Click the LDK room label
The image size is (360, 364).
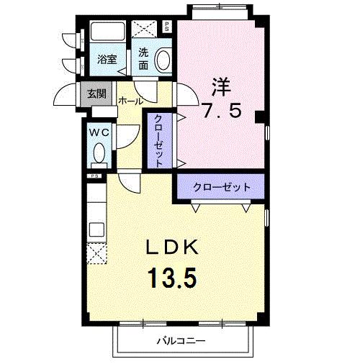(x=173, y=248)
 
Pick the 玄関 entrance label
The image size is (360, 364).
(x=96, y=94)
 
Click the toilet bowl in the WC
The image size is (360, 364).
(x=99, y=153)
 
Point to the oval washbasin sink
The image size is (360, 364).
(x=164, y=59)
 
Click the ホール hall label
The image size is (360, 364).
(x=130, y=101)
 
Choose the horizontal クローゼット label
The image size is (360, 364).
(x=221, y=187)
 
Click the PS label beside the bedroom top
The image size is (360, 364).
(x=168, y=27)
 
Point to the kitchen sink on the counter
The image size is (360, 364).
(x=95, y=231)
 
